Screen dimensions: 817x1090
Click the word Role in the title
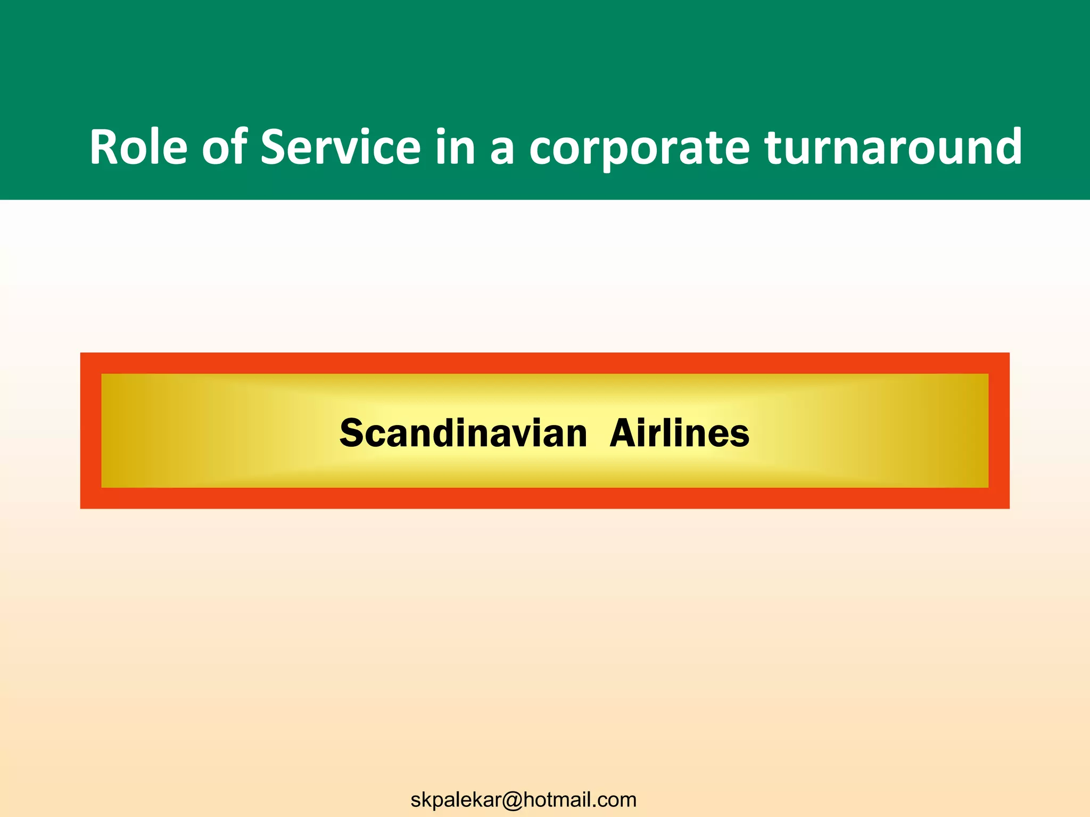click(138, 147)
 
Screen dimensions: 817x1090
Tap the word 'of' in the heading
click(224, 147)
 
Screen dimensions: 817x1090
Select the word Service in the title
click(341, 147)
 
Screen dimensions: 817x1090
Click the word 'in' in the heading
click(455, 147)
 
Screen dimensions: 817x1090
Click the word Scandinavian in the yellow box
click(463, 433)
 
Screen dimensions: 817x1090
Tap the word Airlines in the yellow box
click(679, 433)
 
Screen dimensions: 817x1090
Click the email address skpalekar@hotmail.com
click(523, 799)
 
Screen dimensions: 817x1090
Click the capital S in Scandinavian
click(352, 433)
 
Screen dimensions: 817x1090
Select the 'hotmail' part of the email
click(558, 799)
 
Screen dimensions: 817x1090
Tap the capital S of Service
click(273, 147)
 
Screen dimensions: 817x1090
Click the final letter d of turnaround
click(1007, 146)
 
